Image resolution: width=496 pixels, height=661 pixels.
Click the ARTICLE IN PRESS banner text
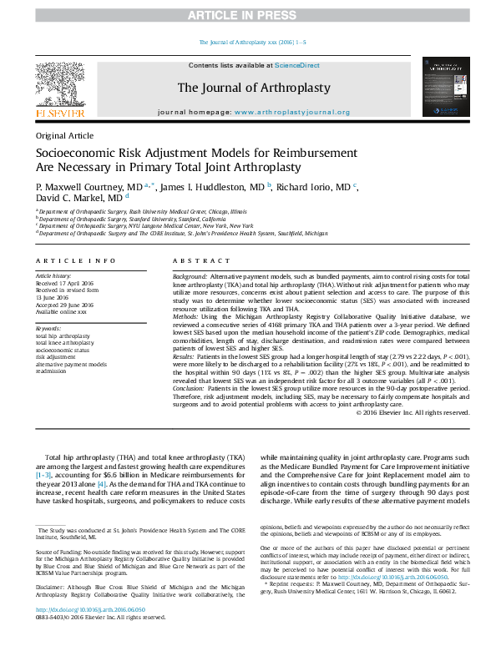coord(248,16)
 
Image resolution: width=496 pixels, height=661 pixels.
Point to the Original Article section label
coord(65,135)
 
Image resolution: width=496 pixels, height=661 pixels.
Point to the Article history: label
coord(53,275)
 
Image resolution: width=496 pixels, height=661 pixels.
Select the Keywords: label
coord(48,328)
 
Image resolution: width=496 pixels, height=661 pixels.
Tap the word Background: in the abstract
coord(190,275)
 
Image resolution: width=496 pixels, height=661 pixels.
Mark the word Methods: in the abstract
coord(185,317)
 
